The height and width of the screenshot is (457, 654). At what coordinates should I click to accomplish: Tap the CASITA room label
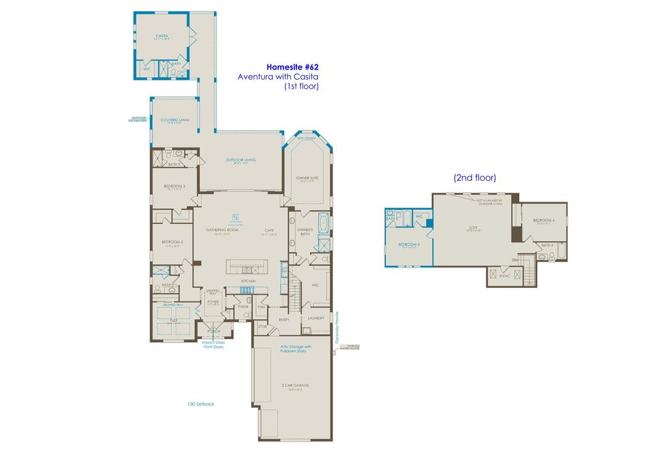162,36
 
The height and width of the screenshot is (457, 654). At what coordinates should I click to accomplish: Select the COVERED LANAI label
174,119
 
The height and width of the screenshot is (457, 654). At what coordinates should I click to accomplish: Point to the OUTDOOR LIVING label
240,160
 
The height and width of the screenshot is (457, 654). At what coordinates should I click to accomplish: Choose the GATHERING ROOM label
222,230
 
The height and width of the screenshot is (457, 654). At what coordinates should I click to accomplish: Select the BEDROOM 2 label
172,242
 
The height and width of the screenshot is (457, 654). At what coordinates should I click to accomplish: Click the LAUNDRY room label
316,318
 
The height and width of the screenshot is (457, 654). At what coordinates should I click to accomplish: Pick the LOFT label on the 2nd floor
474,226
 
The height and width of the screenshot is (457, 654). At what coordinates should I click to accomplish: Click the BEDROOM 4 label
544,220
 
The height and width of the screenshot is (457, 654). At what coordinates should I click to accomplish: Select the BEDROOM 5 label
409,244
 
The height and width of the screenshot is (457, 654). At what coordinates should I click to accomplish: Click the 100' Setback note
201,404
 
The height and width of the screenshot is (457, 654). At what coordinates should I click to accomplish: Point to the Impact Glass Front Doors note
213,345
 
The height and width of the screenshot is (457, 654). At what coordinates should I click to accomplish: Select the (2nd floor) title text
475,177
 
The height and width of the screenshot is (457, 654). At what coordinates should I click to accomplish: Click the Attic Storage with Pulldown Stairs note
296,348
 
